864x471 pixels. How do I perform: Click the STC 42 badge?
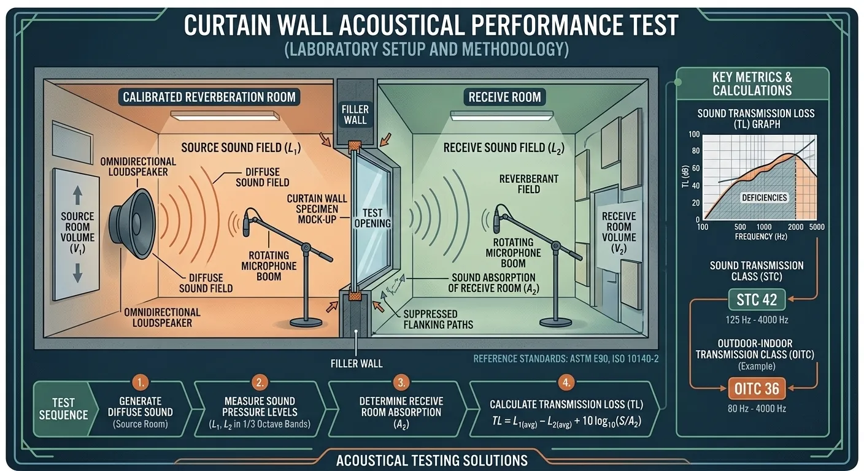[752, 300]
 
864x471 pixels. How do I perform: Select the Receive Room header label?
[504, 97]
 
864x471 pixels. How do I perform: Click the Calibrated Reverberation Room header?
[209, 97]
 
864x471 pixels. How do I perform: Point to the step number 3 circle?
[401, 383]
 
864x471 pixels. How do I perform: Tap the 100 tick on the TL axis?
[694, 134]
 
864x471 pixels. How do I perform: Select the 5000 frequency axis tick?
[816, 227]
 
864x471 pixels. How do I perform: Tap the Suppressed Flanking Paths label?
[438, 318]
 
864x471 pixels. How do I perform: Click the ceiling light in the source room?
[225, 115]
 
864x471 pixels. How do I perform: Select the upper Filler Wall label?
[355, 115]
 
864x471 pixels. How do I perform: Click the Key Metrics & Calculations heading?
[752, 84]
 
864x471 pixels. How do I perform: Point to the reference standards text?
[566, 358]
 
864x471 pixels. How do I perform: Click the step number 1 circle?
[141, 383]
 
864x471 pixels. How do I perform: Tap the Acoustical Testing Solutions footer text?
[431, 460]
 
